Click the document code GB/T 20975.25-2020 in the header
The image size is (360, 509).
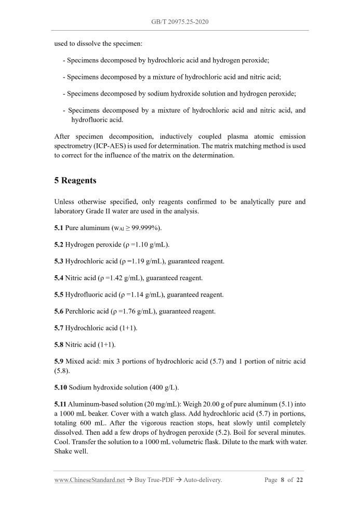click(180, 22)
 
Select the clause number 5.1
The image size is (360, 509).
click(59, 228)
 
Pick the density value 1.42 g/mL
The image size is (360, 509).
click(123, 278)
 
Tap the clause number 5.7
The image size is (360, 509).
click(59, 328)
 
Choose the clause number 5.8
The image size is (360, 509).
click(59, 344)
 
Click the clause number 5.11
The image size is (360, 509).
click(60, 405)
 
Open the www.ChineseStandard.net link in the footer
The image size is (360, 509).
click(89, 480)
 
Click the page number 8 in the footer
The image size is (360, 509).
click(282, 480)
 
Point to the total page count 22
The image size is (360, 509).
click(299, 480)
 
